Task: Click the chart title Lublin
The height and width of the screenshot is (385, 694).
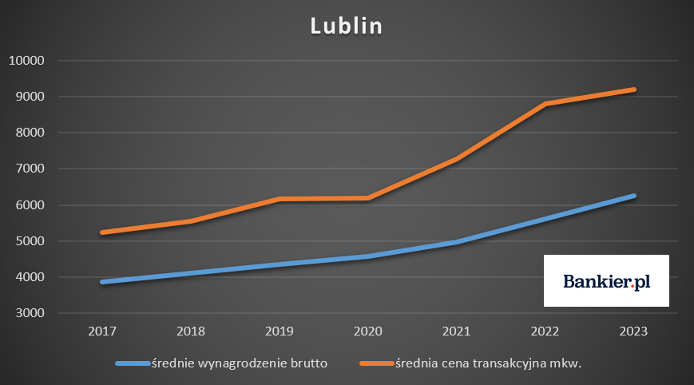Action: tap(347, 26)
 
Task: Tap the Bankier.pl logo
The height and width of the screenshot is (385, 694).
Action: tap(606, 281)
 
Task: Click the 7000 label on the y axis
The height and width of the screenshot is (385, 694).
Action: tap(29, 169)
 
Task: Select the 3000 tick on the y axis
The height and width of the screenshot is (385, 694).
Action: tap(29, 314)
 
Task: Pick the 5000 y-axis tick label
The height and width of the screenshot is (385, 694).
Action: tap(29, 241)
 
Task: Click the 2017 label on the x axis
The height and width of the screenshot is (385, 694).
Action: tap(104, 331)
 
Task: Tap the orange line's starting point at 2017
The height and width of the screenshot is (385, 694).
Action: tap(104, 232)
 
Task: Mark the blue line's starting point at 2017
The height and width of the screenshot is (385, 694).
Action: tap(104, 282)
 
